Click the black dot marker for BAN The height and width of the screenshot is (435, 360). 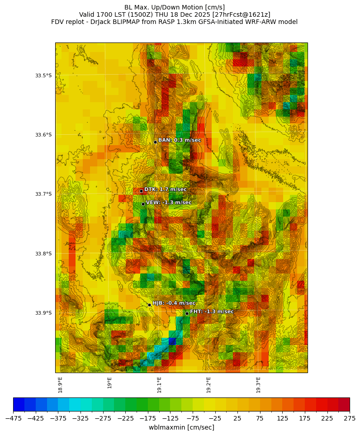[x=155, y=142]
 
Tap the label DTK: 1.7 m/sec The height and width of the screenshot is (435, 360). [x=165, y=189]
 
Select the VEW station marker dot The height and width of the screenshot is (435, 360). [x=143, y=204]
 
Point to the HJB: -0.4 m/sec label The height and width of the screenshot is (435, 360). [x=174, y=303]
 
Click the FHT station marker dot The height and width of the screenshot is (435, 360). [x=187, y=313]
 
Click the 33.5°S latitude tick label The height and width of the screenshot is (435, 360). [x=43, y=76]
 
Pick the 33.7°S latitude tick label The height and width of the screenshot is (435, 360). [x=43, y=194]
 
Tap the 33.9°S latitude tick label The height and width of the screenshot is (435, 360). [x=43, y=313]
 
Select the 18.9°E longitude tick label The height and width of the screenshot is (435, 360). [x=60, y=384]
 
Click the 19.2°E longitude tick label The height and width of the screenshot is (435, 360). [x=208, y=384]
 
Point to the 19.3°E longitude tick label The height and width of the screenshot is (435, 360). [x=258, y=384]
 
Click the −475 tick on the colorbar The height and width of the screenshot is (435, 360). [x=13, y=419]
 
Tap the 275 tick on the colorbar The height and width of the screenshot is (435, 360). [x=350, y=419]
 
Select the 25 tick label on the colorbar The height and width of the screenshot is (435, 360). [x=237, y=419]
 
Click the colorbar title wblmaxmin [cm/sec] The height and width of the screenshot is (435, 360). [x=181, y=427]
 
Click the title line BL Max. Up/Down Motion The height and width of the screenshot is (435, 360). [x=174, y=7]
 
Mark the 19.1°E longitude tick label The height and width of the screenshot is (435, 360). [x=159, y=384]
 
